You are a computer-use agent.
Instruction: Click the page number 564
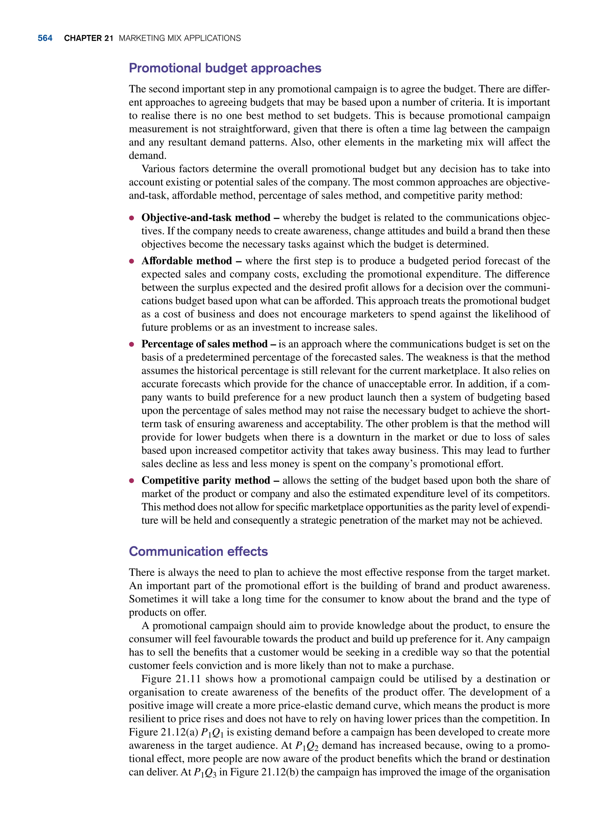[x=45, y=38]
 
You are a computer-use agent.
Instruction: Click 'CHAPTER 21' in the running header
[x=88, y=38]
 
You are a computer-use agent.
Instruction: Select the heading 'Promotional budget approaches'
[x=225, y=68]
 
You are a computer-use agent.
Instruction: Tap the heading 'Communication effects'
[x=198, y=551]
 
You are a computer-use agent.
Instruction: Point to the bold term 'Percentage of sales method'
[x=204, y=344]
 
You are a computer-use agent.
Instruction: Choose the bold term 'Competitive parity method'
[x=206, y=480]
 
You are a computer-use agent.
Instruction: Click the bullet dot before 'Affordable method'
[x=131, y=261]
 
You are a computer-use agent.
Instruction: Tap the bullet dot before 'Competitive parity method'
[x=131, y=481]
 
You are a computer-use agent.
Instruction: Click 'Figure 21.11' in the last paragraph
[x=171, y=679]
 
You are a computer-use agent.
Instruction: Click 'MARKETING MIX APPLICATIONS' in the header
[x=180, y=38]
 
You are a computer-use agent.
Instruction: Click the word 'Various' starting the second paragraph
[x=158, y=169]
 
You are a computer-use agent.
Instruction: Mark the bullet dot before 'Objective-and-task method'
[x=131, y=218]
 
